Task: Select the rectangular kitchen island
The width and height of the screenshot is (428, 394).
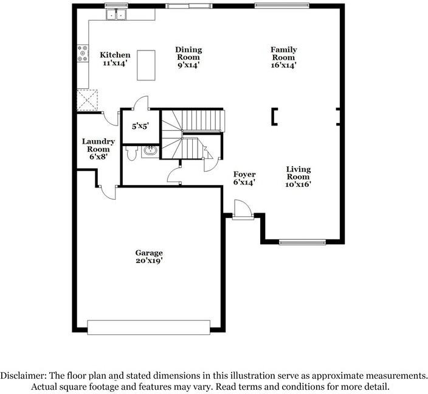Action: tap(145, 65)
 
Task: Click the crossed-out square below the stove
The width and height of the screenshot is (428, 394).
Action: tap(87, 99)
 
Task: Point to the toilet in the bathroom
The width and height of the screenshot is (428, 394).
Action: tap(131, 153)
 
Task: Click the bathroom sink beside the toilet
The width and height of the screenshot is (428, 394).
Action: tap(150, 152)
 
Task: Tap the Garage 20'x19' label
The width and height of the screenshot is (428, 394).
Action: tap(149, 256)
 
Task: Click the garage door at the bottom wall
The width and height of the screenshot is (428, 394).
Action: tap(149, 327)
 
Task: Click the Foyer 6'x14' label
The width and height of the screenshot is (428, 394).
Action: tap(244, 178)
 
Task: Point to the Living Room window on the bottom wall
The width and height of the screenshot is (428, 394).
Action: tap(303, 242)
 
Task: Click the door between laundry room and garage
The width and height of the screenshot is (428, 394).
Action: tap(108, 191)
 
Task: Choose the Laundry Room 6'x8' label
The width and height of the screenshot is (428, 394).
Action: tap(98, 149)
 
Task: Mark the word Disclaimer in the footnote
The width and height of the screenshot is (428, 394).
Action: tap(24, 376)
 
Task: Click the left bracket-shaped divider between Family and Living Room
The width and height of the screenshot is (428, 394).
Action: tap(275, 116)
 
